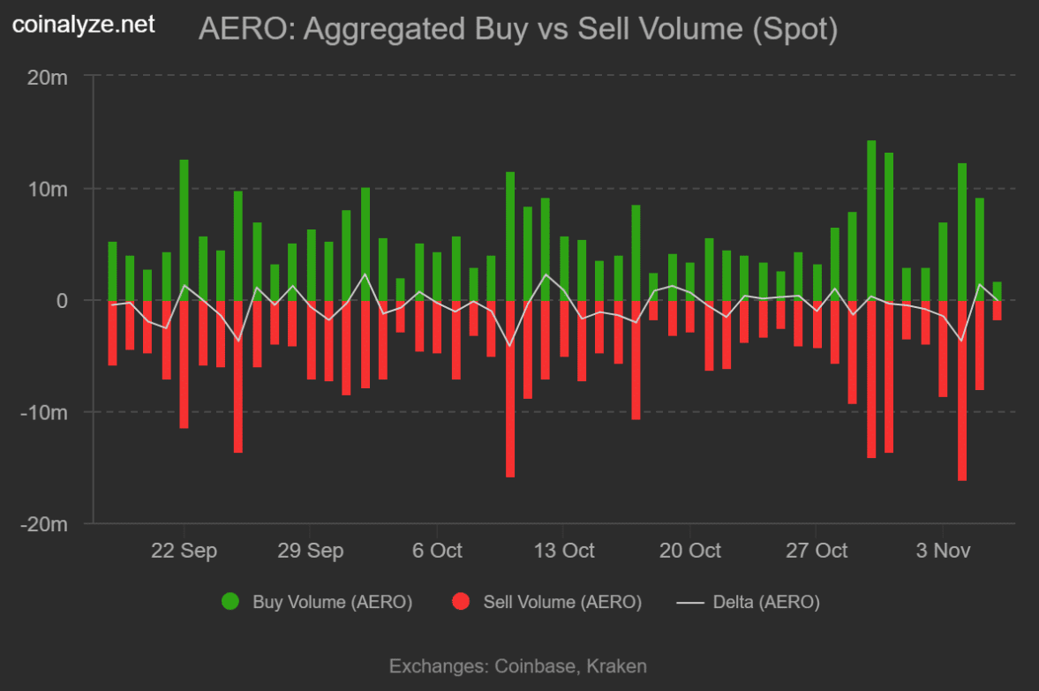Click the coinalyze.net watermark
pyautogui.click(x=84, y=25)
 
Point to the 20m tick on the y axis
pyautogui.click(x=47, y=78)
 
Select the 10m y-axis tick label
pyautogui.click(x=47, y=189)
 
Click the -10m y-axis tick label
pyautogui.click(x=44, y=412)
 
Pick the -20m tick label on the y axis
pyautogui.click(x=44, y=524)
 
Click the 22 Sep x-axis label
pyautogui.click(x=184, y=551)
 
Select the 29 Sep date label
pyautogui.click(x=310, y=551)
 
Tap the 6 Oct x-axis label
pyautogui.click(x=436, y=551)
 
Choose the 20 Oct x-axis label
pyautogui.click(x=689, y=551)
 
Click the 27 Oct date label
pyautogui.click(x=816, y=551)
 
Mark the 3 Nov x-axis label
pyautogui.click(x=943, y=551)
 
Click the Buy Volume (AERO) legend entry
pyautogui.click(x=317, y=603)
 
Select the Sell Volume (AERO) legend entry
pyautogui.click(x=547, y=603)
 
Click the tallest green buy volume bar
pyautogui.click(x=871, y=221)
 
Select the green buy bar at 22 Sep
pyautogui.click(x=184, y=229)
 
